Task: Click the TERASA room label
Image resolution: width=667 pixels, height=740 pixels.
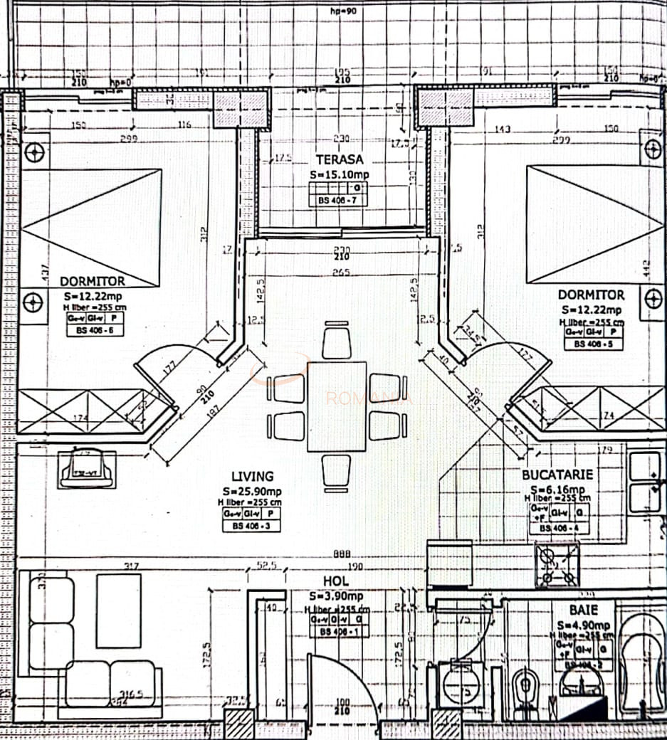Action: point(340,160)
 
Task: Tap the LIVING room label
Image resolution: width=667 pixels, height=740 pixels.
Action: point(252,476)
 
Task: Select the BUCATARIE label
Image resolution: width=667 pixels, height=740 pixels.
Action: point(557,474)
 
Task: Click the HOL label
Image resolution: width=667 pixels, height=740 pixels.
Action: point(336,582)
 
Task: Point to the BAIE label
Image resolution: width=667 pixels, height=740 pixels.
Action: point(583,610)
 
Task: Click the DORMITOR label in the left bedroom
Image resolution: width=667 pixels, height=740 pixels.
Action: point(93,281)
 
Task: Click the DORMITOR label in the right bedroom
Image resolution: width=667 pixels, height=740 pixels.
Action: point(591,294)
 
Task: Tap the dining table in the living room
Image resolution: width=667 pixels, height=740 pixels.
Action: point(337,406)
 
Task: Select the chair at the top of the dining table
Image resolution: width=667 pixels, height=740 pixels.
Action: point(337,340)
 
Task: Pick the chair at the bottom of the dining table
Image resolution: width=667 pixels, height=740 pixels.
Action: point(337,472)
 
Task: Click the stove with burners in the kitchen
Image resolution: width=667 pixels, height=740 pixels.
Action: point(557,564)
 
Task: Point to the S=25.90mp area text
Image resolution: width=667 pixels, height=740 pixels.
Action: point(252,491)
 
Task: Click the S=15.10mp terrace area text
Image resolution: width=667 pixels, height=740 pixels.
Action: point(339,175)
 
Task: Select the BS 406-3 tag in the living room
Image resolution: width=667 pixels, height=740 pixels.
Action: point(251,527)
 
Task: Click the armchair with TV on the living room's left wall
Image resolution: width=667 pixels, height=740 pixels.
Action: point(87,468)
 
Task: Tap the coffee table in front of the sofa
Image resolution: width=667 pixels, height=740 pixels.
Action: point(118,610)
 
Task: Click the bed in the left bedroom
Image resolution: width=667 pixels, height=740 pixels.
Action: point(91,226)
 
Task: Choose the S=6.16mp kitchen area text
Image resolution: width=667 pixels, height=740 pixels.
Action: point(558,489)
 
